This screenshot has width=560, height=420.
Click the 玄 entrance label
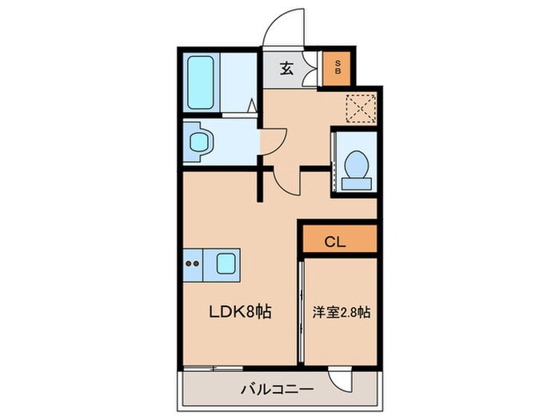point(286,68)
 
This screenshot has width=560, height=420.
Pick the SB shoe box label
point(338,68)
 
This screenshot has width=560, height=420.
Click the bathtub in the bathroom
point(202,84)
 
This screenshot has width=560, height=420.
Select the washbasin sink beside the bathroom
point(198,142)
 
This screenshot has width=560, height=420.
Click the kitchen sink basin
point(226,262)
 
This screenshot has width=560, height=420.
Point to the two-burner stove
point(192,262)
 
